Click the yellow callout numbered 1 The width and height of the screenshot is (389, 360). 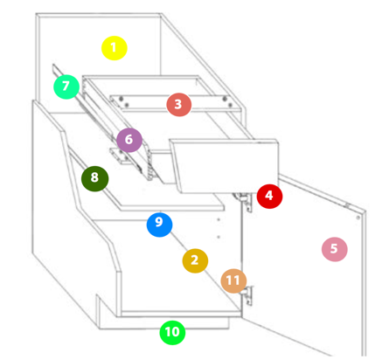pos(115,48)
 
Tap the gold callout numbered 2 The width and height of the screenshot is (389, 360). pos(195,260)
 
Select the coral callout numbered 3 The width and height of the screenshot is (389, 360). pos(179,105)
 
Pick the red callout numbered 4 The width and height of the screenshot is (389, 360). pos(269,196)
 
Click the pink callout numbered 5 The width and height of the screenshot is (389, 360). pos(335,249)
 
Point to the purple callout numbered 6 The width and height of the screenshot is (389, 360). pos(129,140)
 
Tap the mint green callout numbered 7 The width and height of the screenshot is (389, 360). pos(66,87)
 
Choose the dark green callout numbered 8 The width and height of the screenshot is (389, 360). pos(95,178)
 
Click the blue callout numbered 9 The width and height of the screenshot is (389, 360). pos(159,225)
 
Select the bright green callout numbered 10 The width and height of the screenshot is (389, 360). pos(172,332)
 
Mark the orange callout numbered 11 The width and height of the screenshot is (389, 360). pos(233,280)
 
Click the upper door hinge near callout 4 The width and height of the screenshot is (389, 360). pos(243,202)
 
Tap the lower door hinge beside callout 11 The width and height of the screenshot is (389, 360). pos(247,295)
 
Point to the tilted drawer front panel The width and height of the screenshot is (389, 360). pos(225,166)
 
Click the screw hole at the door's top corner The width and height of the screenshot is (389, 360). pos(358,218)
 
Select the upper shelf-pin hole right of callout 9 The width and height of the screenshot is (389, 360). pos(219,219)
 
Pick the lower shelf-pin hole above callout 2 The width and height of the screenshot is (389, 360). pos(219,237)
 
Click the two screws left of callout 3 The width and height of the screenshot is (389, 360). pos(123,101)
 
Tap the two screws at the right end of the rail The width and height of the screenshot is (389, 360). pos(227,101)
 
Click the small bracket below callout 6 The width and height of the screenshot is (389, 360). pos(119,156)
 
